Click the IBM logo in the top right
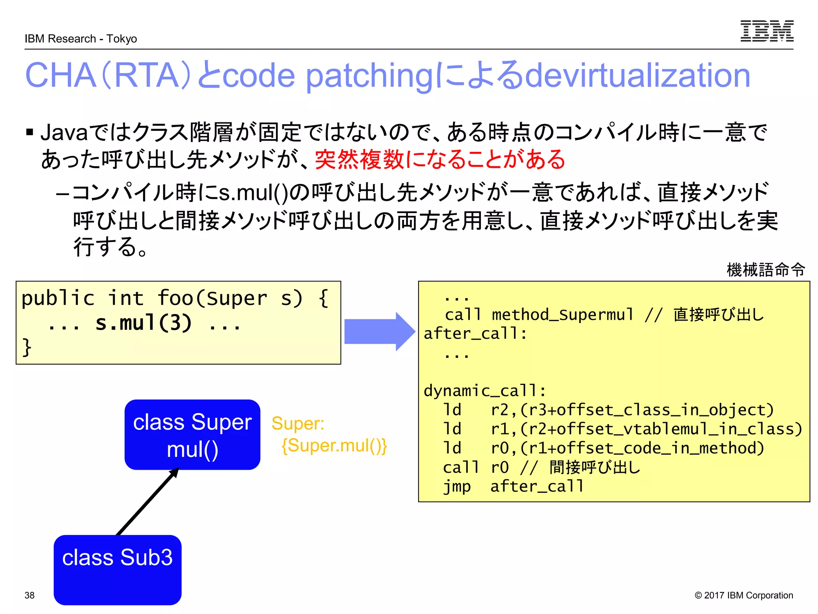click(766, 31)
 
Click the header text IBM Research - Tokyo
click(81, 39)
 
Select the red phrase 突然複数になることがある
click(440, 159)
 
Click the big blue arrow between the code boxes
click(379, 331)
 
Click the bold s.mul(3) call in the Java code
click(144, 323)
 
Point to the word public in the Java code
click(58, 298)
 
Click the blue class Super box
click(192, 435)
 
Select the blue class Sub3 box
click(117, 570)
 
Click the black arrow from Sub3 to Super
click(147, 502)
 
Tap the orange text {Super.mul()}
click(334, 445)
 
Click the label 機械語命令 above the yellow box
click(765, 270)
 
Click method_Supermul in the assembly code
click(562, 315)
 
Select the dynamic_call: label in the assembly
click(484, 391)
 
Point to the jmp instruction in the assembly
click(457, 486)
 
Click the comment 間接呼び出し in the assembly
click(594, 467)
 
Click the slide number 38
click(30, 595)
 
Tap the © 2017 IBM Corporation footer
click(743, 595)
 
